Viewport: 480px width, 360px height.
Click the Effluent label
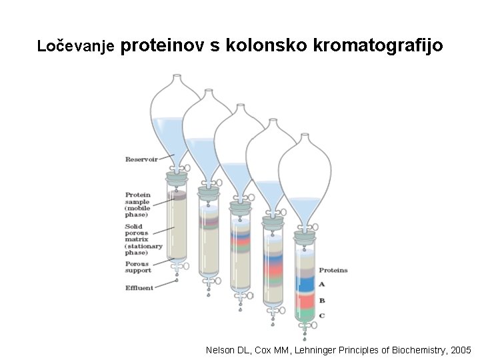point(139,288)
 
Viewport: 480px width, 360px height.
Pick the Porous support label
point(138,267)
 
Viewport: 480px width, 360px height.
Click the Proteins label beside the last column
point(333,270)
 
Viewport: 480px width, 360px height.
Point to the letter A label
point(322,284)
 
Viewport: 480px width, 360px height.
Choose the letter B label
point(322,300)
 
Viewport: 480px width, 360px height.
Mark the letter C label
point(322,315)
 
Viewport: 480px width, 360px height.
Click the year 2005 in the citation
point(461,350)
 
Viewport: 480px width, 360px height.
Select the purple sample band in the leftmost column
point(176,195)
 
